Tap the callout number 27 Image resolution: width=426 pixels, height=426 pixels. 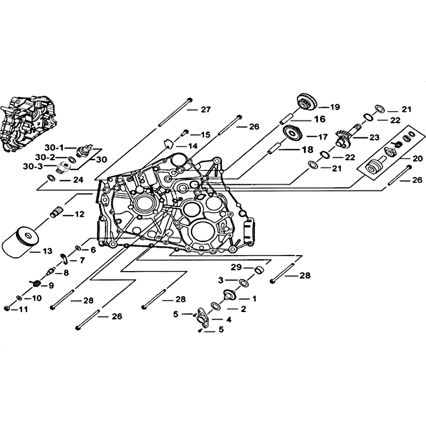[x=206, y=110]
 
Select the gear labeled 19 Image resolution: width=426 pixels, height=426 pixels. [x=307, y=102]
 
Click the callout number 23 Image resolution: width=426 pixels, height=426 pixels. [x=374, y=137]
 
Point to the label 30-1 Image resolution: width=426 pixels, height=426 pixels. [x=54, y=148]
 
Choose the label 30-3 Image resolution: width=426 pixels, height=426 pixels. [x=32, y=166]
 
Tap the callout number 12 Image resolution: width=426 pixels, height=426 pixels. [x=79, y=215]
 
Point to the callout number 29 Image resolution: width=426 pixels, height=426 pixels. [x=236, y=267]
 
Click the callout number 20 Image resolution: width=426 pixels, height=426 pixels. [x=417, y=158]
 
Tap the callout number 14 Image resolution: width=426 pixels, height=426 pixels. [x=193, y=146]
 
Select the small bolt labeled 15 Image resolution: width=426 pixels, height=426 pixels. [x=184, y=133]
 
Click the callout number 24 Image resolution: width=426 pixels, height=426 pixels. [x=78, y=180]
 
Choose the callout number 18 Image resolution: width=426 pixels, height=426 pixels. [x=308, y=150]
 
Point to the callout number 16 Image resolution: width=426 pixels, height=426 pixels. [x=320, y=119]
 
